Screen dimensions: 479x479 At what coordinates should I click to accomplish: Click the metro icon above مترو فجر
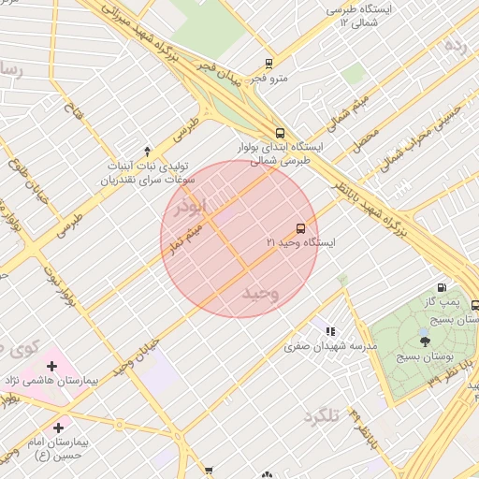(269, 64)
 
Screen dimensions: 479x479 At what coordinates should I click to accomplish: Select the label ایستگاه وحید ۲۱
(301, 242)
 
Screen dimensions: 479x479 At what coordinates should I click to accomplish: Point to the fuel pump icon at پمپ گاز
(441, 288)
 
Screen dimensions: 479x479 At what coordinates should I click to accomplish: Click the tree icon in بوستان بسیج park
(426, 341)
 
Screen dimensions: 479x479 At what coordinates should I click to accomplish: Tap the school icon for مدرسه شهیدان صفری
(330, 331)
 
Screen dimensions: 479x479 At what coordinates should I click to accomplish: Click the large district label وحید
(261, 294)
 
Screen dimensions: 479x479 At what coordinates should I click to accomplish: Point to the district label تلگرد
(320, 416)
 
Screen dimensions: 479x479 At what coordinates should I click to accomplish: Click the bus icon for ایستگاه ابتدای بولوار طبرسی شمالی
(281, 133)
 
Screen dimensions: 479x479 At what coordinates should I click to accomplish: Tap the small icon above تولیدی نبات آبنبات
(147, 152)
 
